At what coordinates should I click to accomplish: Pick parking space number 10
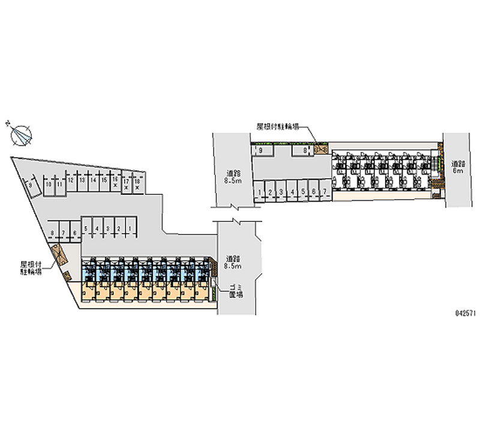(48, 185)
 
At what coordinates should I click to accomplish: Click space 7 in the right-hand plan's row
(325, 192)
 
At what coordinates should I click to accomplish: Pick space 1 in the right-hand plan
(259, 192)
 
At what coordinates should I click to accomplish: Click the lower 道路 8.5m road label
(231, 261)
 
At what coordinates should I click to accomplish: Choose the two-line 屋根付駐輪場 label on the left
(31, 267)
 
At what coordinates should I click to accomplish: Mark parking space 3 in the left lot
(108, 228)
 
